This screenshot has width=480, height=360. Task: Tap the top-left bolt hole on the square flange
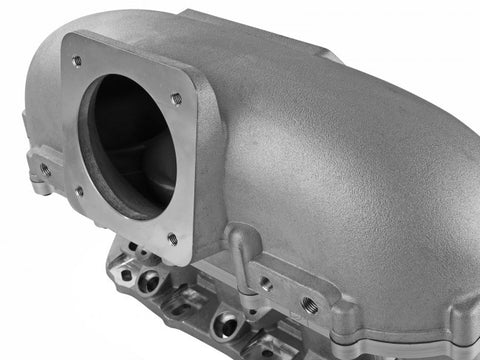(77, 61)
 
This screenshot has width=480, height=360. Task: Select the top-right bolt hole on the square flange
(176, 98)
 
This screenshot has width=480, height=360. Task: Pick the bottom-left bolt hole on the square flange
(79, 190)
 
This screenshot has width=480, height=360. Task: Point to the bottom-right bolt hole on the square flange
(172, 239)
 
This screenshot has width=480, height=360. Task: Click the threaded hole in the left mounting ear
(43, 169)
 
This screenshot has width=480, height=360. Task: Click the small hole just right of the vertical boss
(266, 284)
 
